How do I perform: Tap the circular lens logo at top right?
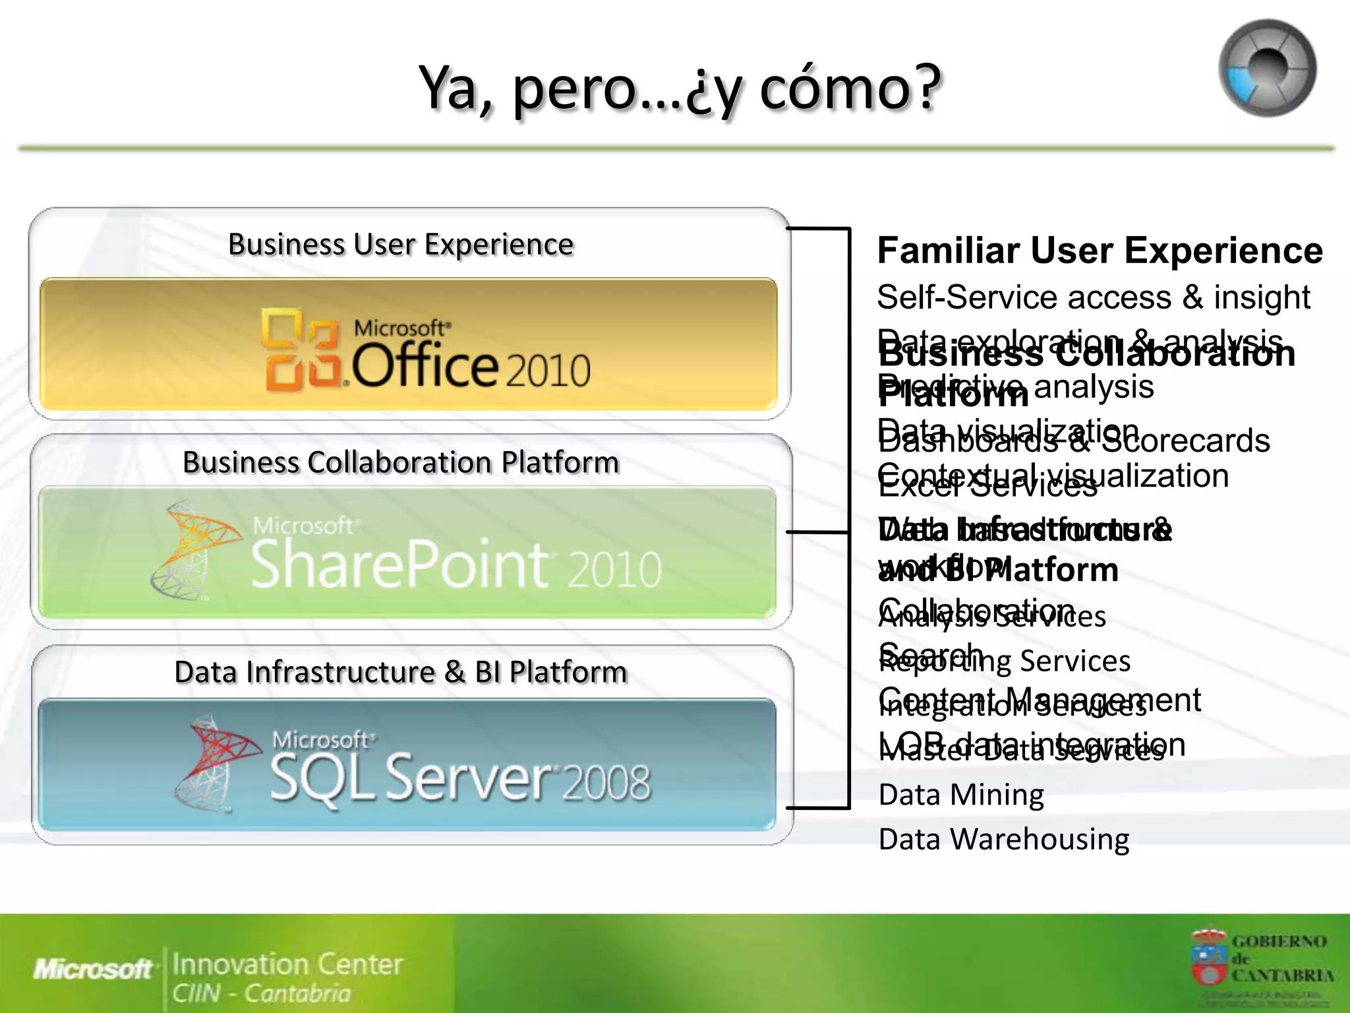pyautogui.click(x=1267, y=68)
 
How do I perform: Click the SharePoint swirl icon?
pyautogui.click(x=192, y=549)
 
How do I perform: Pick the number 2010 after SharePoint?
pyautogui.click(x=614, y=569)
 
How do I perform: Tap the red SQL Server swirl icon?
pyautogui.click(x=215, y=762)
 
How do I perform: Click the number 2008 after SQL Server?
pyautogui.click(x=606, y=783)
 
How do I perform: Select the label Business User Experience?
pyautogui.click(x=401, y=245)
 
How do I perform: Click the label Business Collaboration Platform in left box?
pyautogui.click(x=401, y=462)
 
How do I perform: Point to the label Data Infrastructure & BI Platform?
pyautogui.click(x=401, y=673)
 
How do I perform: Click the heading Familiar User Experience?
pyautogui.click(x=1100, y=251)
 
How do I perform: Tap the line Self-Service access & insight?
pyautogui.click(x=1093, y=297)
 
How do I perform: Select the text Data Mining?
pyautogui.click(x=961, y=795)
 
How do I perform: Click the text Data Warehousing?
pyautogui.click(x=1003, y=840)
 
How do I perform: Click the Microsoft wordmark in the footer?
pyautogui.click(x=92, y=969)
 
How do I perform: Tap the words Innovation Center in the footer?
pyautogui.click(x=287, y=964)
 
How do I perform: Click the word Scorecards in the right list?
pyautogui.click(x=1185, y=441)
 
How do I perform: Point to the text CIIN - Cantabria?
pyautogui.click(x=261, y=993)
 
